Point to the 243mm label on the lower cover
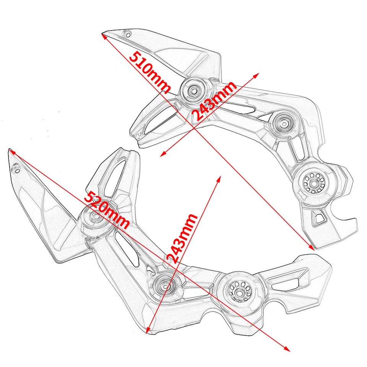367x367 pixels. (x=183, y=238)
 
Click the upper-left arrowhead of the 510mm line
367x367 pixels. (x=104, y=36)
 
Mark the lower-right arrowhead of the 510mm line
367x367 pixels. (x=312, y=247)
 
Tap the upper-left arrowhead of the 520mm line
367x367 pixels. (x=12, y=152)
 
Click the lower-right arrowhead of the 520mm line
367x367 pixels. (x=287, y=349)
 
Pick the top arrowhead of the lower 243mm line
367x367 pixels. (x=219, y=179)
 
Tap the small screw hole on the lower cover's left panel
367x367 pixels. (x=16, y=169)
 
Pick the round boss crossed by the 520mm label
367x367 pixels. (x=95, y=218)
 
